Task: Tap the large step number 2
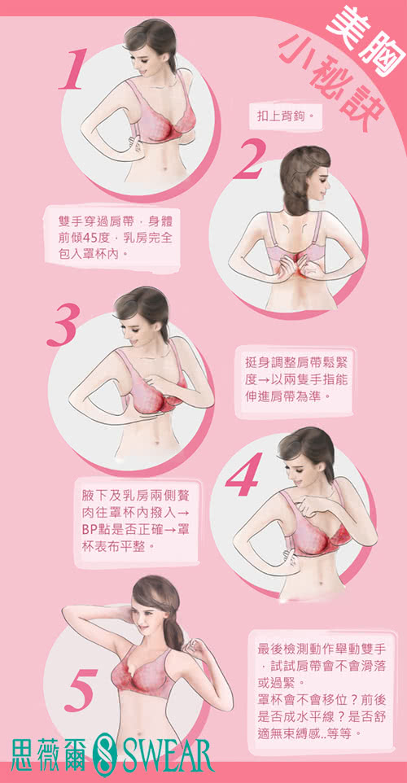coord(248,160)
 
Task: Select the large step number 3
coord(63,325)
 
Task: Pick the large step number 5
coord(81,690)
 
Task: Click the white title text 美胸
coord(365,37)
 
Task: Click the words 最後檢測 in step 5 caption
coord(282,650)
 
